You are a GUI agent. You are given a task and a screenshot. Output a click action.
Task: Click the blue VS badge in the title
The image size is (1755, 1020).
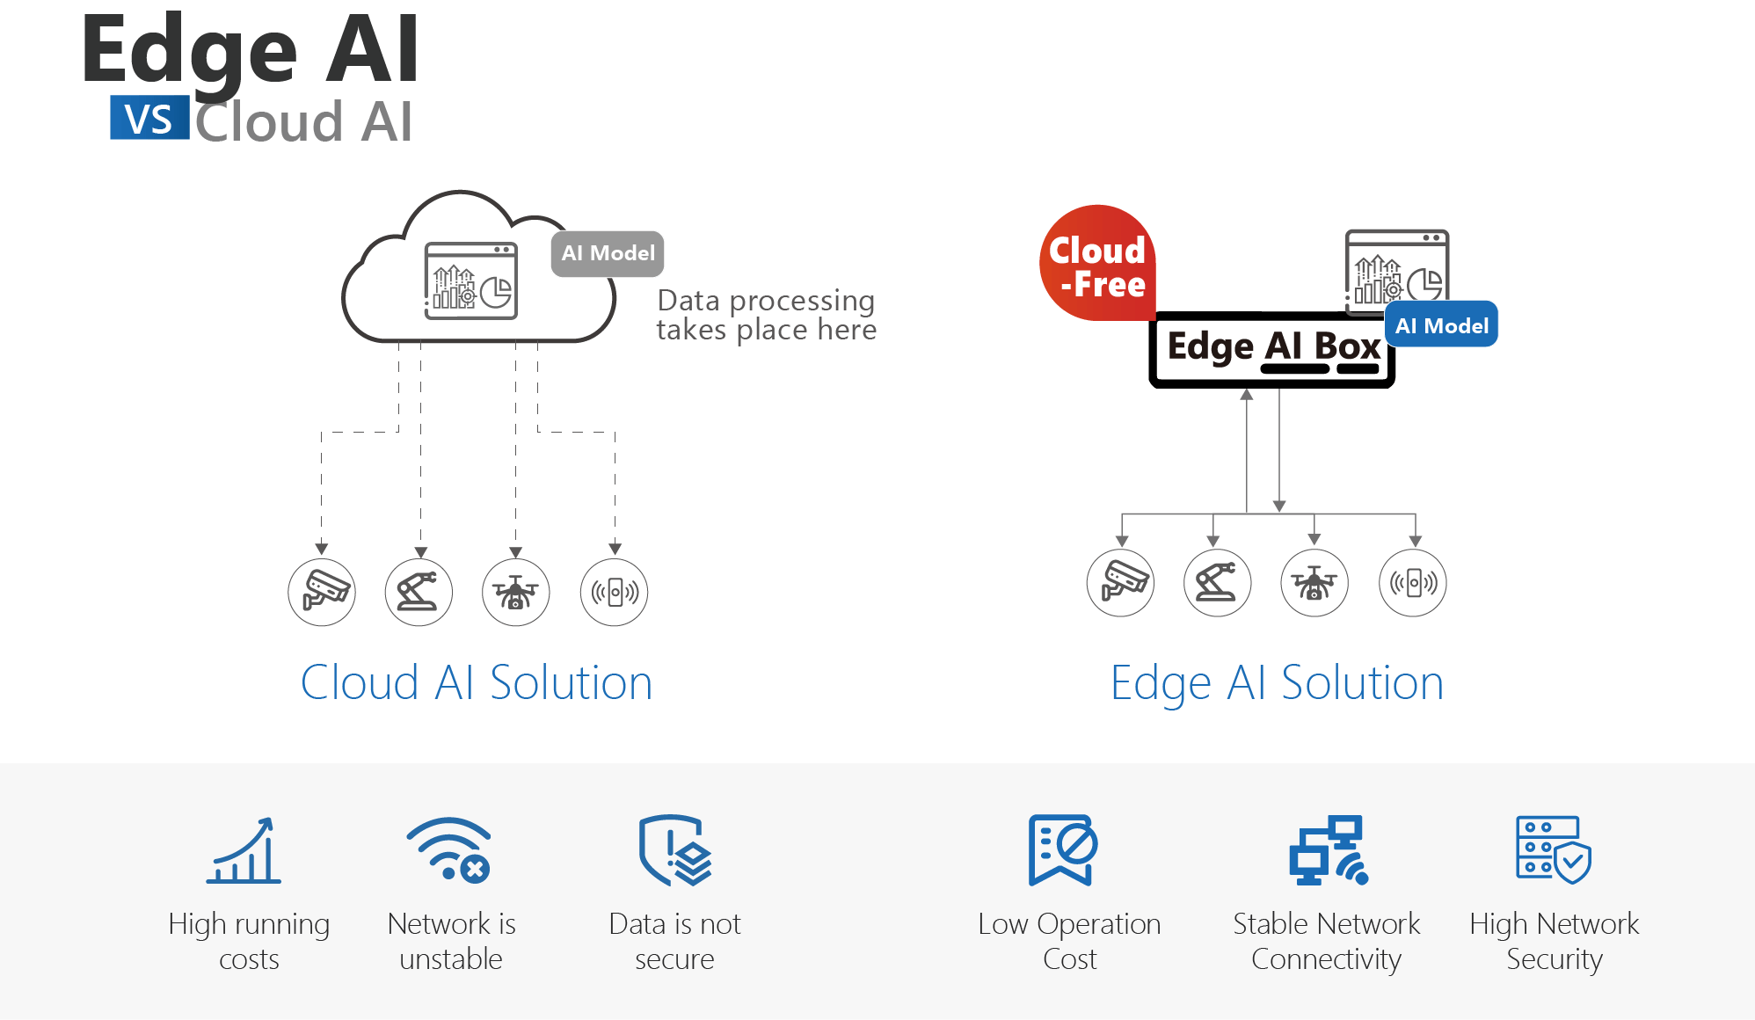[149, 118]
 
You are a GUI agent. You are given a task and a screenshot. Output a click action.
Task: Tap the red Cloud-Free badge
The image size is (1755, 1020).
[1097, 264]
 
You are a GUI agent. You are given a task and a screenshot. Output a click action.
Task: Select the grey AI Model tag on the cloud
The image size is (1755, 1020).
[608, 253]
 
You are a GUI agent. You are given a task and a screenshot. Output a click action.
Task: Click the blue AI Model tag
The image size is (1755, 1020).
[1441, 325]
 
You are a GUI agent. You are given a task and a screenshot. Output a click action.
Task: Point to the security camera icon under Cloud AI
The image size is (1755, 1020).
[322, 592]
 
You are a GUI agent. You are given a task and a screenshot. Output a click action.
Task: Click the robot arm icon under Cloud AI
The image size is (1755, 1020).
[419, 592]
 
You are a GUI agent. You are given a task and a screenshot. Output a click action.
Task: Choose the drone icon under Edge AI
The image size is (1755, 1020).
[1314, 583]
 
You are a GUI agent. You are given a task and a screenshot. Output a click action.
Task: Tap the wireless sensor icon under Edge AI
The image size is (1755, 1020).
[1412, 583]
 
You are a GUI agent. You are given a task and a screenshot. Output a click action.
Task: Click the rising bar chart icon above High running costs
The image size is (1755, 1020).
[244, 850]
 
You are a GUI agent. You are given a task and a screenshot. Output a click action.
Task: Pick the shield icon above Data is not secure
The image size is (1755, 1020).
[674, 850]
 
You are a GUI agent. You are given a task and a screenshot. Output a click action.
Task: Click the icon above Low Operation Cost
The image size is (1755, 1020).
[1062, 850]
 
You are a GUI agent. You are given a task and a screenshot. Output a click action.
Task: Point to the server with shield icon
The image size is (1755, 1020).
[1553, 850]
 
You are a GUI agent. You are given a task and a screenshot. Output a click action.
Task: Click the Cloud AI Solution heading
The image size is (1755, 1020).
[476, 683]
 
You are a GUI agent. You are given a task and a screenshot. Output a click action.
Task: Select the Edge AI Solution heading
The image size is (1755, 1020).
[1276, 683]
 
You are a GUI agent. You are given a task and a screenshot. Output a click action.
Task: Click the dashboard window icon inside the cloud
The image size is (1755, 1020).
[470, 280]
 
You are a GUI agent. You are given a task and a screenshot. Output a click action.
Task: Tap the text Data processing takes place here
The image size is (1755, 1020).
[766, 315]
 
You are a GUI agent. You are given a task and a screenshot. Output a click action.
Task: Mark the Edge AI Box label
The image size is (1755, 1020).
[1273, 347]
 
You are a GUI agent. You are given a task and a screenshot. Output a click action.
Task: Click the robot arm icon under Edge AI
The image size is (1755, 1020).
[1217, 583]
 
